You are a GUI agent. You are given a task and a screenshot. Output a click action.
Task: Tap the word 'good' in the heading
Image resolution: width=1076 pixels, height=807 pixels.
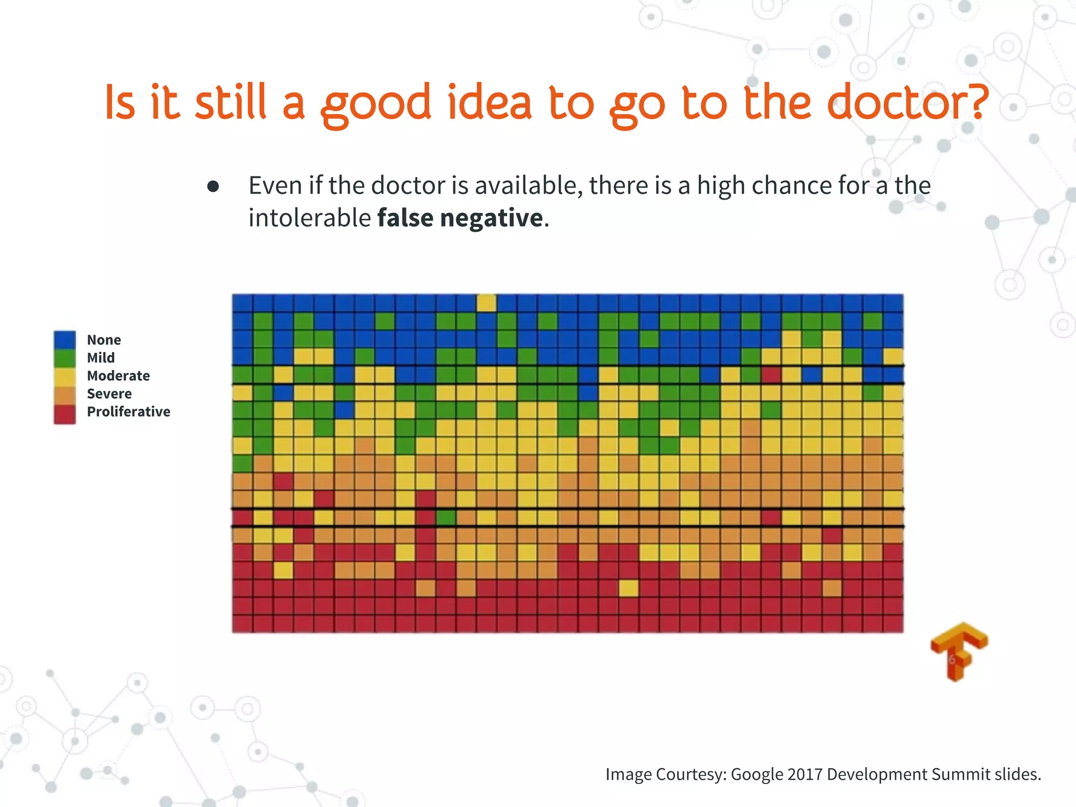click(376, 104)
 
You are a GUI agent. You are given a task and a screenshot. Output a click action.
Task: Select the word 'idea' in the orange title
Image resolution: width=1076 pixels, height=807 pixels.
click(489, 102)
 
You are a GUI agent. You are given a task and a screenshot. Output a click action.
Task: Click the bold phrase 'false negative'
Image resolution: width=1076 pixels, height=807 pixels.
click(460, 218)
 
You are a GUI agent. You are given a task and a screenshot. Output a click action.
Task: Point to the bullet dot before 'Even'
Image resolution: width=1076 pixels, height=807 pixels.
click(213, 187)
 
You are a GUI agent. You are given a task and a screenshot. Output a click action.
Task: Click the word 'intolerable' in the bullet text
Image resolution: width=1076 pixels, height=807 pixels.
click(309, 218)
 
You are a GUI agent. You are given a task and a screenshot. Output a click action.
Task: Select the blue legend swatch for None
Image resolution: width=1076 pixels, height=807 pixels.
click(65, 340)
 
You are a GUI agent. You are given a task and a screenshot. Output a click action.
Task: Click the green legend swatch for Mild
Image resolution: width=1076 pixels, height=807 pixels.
click(65, 358)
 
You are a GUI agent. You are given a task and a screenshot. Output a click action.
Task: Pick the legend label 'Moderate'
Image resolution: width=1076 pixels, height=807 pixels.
click(118, 376)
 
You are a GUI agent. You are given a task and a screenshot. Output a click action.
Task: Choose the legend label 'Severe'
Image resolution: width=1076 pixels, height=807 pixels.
click(109, 394)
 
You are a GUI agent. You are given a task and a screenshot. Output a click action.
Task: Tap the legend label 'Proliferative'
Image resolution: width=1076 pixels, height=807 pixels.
click(128, 411)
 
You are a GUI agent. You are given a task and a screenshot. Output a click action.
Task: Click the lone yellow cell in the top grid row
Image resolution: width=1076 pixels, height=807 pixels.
click(487, 303)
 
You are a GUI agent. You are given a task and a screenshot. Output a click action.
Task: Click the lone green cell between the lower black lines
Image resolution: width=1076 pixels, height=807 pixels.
click(446, 518)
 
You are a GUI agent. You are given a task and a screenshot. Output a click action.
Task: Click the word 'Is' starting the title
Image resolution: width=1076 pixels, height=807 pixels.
click(120, 102)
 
